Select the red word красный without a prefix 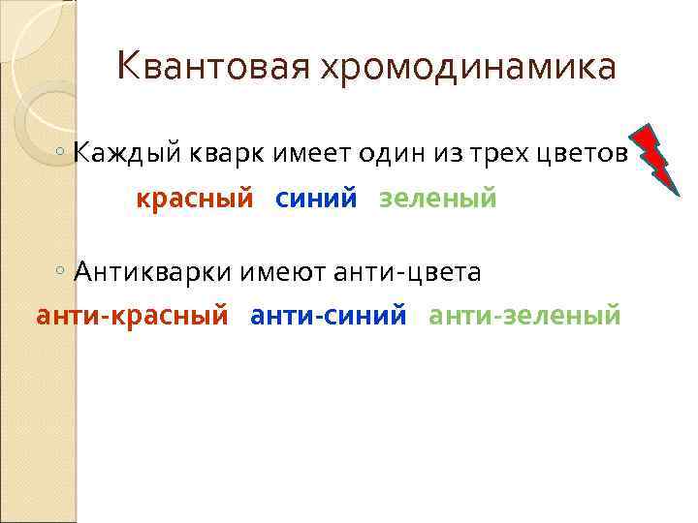pos(194,199)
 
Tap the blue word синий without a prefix pos(316,199)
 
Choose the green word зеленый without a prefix pos(437,199)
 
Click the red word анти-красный pos(132,315)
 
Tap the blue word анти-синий pos(329,315)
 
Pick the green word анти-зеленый pos(524,315)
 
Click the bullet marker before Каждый pos(61,154)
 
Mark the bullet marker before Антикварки pos(61,271)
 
